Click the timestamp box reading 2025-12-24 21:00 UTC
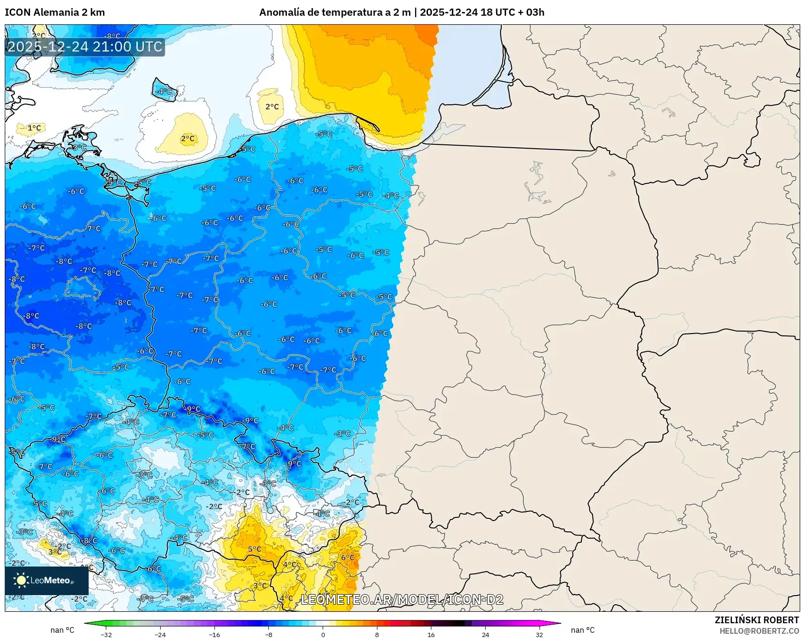point(85,47)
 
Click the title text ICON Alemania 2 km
point(55,12)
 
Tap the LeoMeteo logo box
point(47,580)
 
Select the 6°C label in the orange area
point(347,557)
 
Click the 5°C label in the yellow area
point(254,549)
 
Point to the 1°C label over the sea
point(34,128)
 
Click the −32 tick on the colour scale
point(106,634)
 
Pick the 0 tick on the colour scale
point(323,634)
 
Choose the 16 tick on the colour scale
point(431,634)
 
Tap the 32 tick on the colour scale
point(539,634)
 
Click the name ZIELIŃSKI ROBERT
point(756,620)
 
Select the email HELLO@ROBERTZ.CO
point(759,631)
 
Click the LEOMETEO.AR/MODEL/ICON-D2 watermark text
point(402,599)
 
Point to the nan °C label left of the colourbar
point(62,630)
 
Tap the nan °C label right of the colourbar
point(582,630)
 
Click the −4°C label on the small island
point(164,91)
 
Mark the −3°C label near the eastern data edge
point(343,434)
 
